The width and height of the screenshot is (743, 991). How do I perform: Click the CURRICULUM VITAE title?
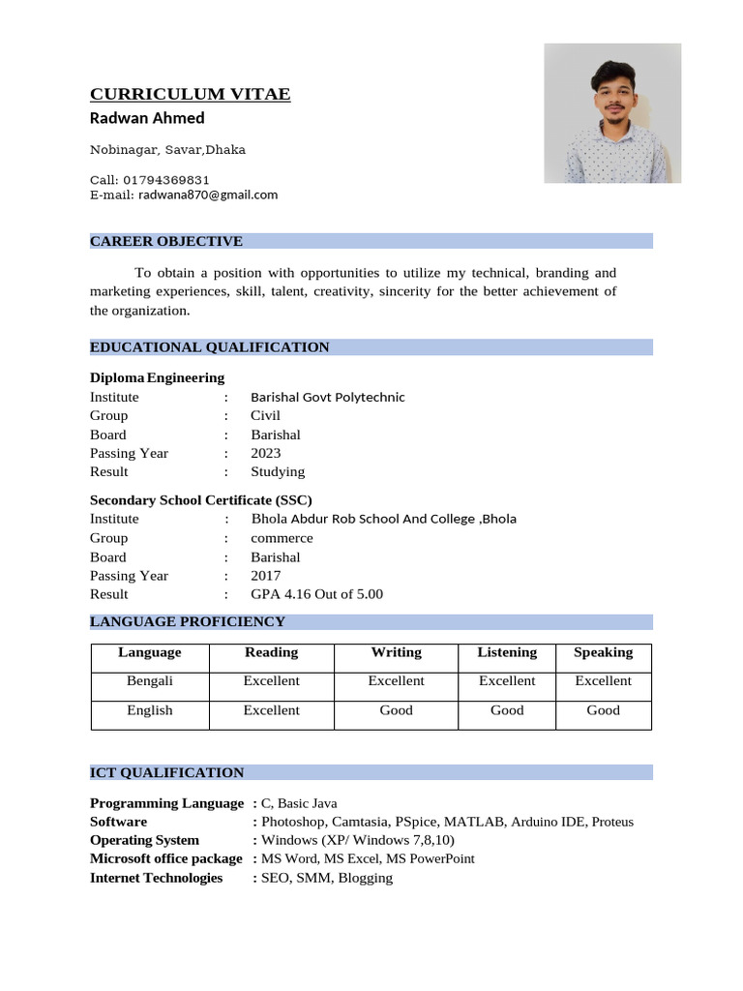click(x=190, y=94)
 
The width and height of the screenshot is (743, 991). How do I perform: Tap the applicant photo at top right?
click(x=611, y=113)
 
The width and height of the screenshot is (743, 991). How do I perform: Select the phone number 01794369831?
click(x=163, y=180)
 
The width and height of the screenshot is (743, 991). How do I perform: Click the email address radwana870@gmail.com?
click(x=207, y=195)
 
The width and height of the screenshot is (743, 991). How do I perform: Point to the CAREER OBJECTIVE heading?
click(x=166, y=241)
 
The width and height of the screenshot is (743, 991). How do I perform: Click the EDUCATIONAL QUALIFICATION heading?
click(x=209, y=347)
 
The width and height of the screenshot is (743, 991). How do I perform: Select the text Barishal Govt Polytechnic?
click(x=327, y=397)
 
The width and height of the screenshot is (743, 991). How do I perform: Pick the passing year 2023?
click(x=266, y=453)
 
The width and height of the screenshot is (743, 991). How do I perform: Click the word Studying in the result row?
click(x=278, y=471)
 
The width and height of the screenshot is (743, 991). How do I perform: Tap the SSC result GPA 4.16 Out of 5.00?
click(x=316, y=594)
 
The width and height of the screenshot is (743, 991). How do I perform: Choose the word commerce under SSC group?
click(x=282, y=538)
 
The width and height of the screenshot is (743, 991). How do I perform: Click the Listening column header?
click(x=507, y=652)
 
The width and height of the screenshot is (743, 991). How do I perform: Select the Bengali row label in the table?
click(x=150, y=681)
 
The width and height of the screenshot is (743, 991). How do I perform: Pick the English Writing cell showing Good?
click(x=396, y=710)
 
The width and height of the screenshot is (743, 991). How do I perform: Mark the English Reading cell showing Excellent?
click(x=271, y=710)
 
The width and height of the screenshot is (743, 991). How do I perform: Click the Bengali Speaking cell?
click(x=603, y=681)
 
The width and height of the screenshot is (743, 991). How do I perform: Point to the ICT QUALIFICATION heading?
click(x=166, y=772)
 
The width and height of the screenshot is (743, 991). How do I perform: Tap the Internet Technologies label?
click(x=156, y=878)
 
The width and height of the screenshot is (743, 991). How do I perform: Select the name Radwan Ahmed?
click(x=147, y=118)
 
